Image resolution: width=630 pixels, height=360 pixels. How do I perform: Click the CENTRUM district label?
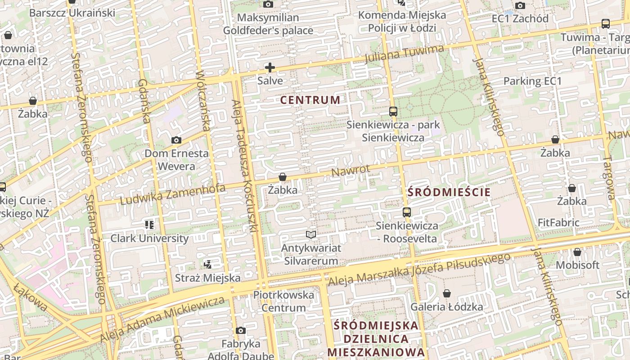tap(310, 100)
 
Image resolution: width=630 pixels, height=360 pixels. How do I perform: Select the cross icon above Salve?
tap(270, 68)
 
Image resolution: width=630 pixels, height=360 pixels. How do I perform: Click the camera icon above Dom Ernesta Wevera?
tap(176, 140)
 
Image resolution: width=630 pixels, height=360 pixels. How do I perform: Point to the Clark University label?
tap(149, 238)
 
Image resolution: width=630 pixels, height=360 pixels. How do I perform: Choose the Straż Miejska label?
tap(207, 278)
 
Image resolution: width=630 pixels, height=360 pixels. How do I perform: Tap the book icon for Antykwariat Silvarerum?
tap(311, 234)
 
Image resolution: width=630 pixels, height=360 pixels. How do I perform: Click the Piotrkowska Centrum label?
tap(283, 301)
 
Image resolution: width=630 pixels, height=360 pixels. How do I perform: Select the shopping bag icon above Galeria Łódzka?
tap(447, 294)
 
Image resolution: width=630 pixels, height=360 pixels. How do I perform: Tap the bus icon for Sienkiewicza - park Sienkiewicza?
tap(393, 111)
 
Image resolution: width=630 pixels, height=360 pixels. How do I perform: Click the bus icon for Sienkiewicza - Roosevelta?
tap(407, 212)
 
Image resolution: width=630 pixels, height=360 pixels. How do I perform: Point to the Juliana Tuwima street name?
tap(404, 54)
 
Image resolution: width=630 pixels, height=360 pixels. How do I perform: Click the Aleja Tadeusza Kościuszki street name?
tap(244, 166)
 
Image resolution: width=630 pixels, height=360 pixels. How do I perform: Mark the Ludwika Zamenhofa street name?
tap(173, 194)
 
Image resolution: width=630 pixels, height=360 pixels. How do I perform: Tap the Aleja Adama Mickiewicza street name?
tap(162, 319)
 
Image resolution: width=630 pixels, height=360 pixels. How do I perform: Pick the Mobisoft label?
tap(578, 265)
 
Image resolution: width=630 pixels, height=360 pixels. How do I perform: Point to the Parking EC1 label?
tap(533, 81)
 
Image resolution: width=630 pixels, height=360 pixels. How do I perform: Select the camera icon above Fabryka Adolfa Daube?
tap(241, 331)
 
